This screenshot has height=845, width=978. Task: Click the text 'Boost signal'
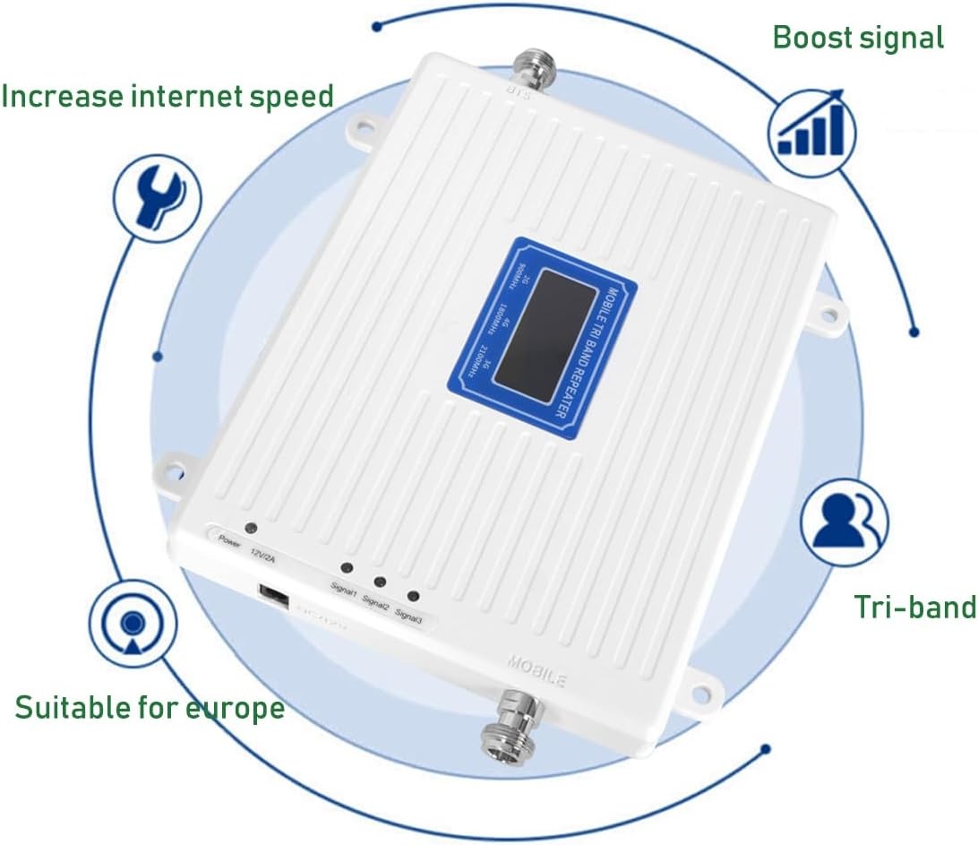pos(858,38)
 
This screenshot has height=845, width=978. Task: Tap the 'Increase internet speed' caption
pos(167,95)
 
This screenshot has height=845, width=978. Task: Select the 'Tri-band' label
pos(914,607)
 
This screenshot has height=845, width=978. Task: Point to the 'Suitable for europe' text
pos(150,709)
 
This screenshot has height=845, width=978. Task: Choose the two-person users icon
pos(845,522)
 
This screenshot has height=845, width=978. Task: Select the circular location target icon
pos(132,623)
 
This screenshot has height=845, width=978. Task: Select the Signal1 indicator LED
pos(345,568)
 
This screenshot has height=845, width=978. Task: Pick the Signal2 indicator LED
pos(379,582)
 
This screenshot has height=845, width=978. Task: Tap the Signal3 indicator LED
pos(412,596)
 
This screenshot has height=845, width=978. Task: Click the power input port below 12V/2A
pos(273,596)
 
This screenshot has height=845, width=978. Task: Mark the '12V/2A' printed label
pos(266,556)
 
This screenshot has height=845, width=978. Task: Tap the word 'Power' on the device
pos(229,541)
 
